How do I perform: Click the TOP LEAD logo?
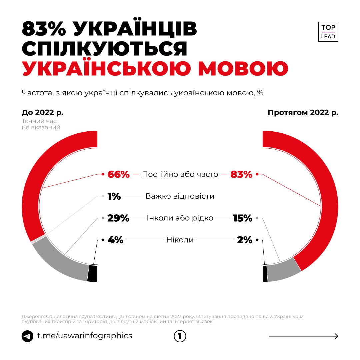[x=328, y=32]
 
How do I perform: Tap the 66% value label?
[x=118, y=174]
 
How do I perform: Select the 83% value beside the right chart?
[x=241, y=174]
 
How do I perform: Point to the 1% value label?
[x=114, y=196]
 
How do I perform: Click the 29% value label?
[x=118, y=218]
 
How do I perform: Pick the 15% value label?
[x=243, y=218]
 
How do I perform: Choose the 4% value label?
[x=115, y=240]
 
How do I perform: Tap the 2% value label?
[x=245, y=240]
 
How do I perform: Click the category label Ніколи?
[x=180, y=240]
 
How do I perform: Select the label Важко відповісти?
[x=180, y=196]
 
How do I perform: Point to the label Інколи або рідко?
[x=180, y=218]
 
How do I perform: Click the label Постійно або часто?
[x=180, y=174]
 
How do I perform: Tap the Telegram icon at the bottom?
[x=27, y=336]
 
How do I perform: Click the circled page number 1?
[x=180, y=336]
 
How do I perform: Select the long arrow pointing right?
[x=304, y=336]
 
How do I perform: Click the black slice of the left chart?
[x=93, y=273]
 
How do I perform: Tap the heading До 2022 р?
[x=42, y=112]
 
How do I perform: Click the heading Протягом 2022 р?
[x=303, y=112]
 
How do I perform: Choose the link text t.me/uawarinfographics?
[x=85, y=336]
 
